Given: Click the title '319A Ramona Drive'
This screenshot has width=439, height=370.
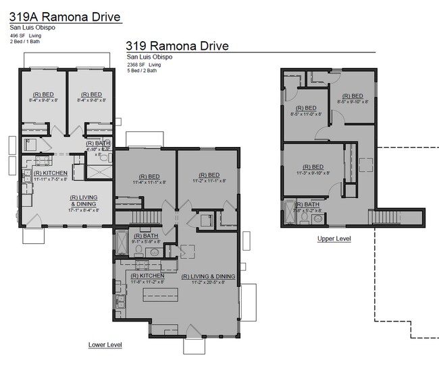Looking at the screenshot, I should pyautogui.click(x=66, y=16).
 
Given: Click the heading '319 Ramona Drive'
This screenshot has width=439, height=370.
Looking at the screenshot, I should pyautogui.click(x=178, y=46).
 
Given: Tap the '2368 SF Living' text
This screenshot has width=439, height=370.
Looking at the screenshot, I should pyautogui.click(x=144, y=65).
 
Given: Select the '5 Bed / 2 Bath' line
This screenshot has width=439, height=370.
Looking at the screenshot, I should pyautogui.click(x=142, y=70).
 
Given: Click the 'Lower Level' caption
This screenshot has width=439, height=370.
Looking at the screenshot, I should pyautogui.click(x=105, y=345).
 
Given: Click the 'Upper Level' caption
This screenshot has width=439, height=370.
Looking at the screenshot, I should pyautogui.click(x=334, y=239).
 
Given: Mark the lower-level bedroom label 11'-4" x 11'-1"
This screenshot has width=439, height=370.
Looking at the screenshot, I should pyautogui.click(x=141, y=179).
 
